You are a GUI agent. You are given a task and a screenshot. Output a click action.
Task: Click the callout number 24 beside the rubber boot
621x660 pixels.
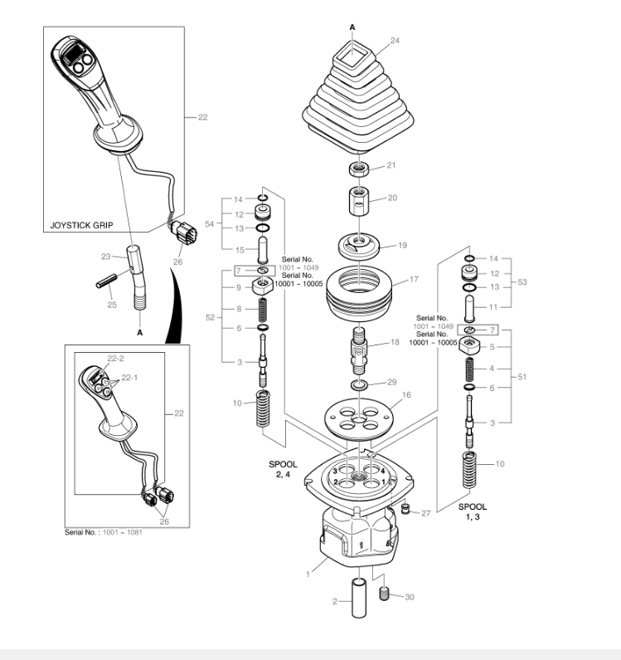[x=395, y=41]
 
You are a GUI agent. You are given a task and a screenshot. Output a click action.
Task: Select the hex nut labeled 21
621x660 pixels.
[x=359, y=169]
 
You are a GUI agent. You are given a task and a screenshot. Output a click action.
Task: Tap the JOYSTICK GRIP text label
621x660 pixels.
[x=81, y=225]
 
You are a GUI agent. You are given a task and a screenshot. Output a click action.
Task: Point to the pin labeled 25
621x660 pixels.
[x=106, y=281]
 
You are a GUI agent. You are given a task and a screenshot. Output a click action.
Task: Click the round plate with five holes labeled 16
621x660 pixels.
[x=359, y=419]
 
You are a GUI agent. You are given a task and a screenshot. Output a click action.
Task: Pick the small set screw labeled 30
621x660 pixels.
[x=384, y=594]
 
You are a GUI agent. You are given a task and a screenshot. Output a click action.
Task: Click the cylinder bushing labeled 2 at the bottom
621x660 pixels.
[x=359, y=599]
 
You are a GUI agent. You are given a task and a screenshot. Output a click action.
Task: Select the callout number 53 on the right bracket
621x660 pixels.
[x=522, y=282]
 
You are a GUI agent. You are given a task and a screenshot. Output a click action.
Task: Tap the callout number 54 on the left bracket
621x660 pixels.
[x=210, y=224]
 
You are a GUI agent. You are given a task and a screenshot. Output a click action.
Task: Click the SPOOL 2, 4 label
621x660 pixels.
[x=283, y=469]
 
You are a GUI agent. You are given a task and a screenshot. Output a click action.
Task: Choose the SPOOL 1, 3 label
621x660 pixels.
[x=473, y=511]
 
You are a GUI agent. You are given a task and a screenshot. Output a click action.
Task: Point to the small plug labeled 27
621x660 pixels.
[x=405, y=508]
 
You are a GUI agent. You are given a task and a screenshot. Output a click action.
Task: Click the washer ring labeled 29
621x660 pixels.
[x=359, y=384]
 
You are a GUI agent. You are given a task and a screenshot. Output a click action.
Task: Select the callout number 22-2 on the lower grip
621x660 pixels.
[x=115, y=359]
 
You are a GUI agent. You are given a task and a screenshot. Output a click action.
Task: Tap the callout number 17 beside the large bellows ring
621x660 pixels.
[x=414, y=279]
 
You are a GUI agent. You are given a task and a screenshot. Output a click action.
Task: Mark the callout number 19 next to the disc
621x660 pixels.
[x=402, y=245]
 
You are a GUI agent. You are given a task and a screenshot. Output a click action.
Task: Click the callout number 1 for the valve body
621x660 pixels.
[x=308, y=574]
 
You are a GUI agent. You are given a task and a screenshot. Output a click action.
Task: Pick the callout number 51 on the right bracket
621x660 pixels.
[x=522, y=377]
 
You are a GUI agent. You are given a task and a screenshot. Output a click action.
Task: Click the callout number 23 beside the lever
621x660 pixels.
[x=105, y=257]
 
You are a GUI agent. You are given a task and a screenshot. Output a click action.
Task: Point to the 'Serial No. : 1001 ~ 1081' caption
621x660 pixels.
[x=104, y=532]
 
